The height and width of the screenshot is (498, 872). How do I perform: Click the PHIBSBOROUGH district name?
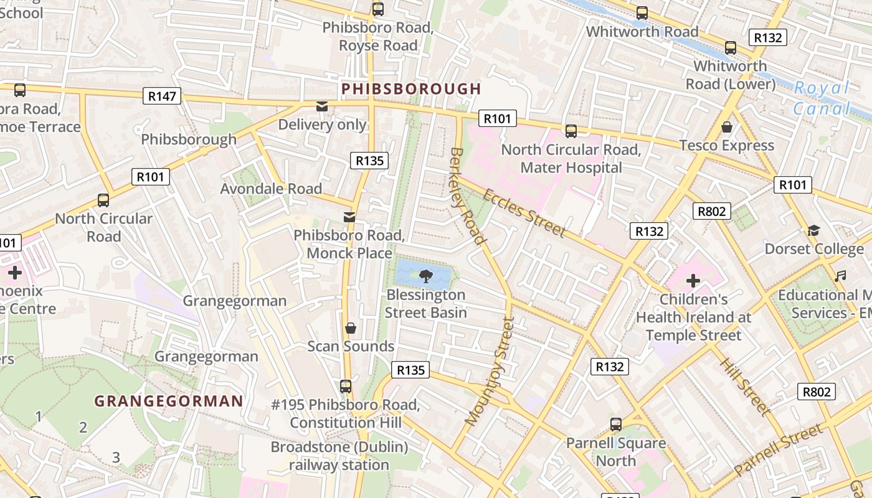click(x=411, y=89)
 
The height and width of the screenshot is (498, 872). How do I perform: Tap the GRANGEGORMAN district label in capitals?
click(x=168, y=401)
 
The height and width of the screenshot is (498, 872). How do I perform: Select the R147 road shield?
click(x=163, y=96)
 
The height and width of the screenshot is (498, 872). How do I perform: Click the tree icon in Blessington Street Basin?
click(x=426, y=275)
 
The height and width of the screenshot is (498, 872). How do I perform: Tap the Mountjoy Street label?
click(x=492, y=372)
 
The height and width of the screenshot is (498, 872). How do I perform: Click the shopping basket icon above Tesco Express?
click(x=726, y=127)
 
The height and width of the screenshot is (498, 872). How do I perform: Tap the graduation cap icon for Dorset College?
click(x=813, y=231)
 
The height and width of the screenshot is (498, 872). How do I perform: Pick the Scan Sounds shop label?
click(x=351, y=346)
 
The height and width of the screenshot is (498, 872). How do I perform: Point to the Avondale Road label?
click(x=271, y=189)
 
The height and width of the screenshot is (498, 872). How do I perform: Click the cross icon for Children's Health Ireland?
click(x=693, y=280)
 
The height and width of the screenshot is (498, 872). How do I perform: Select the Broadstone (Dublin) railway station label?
click(x=339, y=456)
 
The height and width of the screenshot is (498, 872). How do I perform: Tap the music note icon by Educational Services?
click(x=840, y=276)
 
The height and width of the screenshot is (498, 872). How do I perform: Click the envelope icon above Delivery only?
click(x=322, y=106)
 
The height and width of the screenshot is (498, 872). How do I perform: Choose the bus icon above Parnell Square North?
click(x=616, y=425)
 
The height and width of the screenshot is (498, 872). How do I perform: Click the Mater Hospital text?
click(x=571, y=167)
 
